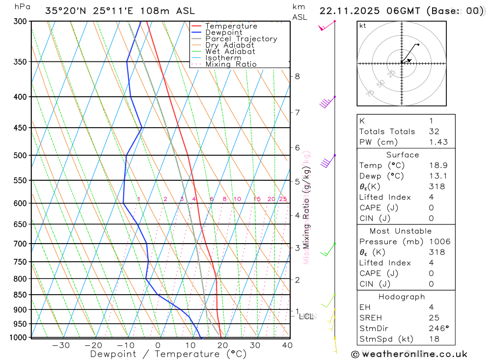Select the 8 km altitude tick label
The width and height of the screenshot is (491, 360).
click(297, 76)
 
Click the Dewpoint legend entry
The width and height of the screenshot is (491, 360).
click(223, 32)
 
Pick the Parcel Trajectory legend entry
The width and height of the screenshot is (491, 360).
click(241, 39)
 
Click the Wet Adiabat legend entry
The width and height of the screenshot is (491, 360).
click(230, 52)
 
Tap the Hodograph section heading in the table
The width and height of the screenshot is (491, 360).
click(402, 297)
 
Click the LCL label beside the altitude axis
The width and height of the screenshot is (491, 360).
click(306, 316)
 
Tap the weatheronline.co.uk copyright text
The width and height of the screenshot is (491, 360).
click(409, 354)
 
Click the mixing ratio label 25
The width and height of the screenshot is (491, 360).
click(283, 199)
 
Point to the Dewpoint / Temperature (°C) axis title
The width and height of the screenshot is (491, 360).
click(168, 354)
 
